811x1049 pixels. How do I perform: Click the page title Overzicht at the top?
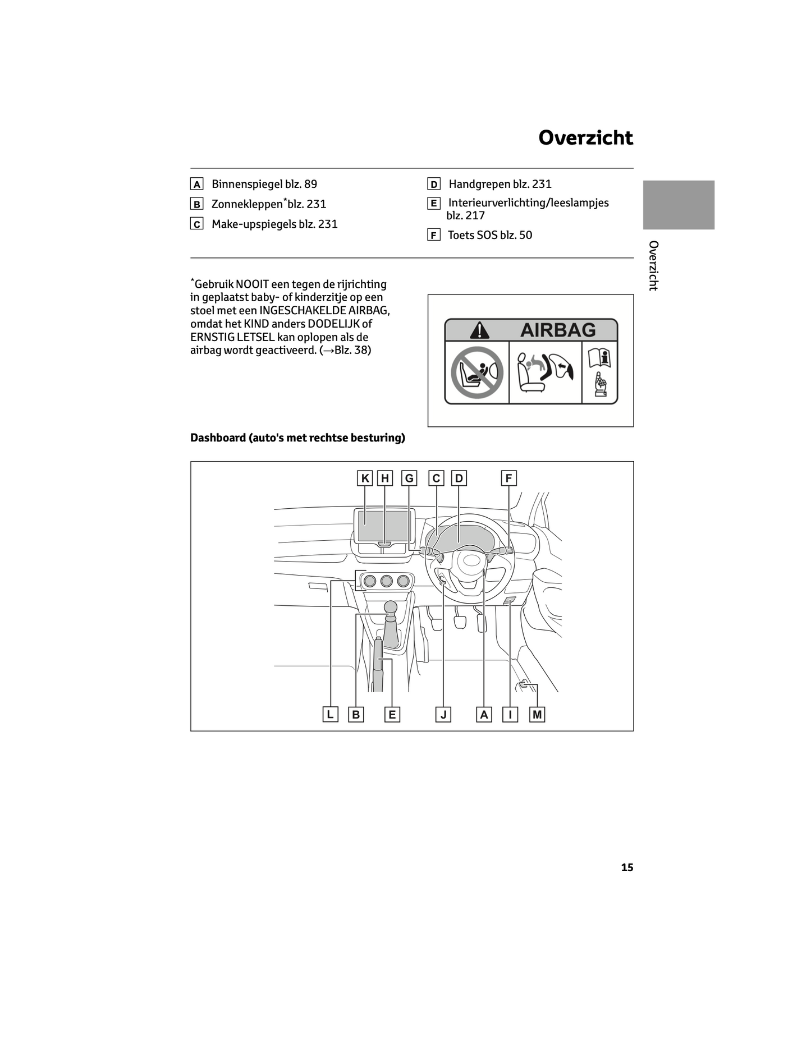[585, 138]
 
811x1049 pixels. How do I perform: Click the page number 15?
[627, 867]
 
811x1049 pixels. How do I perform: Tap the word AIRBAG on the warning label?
[558, 330]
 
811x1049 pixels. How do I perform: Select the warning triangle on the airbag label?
[479, 330]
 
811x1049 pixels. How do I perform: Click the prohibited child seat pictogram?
[476, 372]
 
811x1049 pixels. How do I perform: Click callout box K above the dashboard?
[365, 479]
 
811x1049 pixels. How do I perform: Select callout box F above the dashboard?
[508, 479]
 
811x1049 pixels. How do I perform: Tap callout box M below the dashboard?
[537, 715]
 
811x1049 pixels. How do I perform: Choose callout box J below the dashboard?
[443, 715]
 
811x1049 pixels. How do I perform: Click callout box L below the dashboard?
[330, 715]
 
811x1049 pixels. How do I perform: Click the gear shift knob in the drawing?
[390, 608]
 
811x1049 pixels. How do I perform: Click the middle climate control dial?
[386, 581]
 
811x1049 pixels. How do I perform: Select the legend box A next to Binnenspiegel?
[196, 185]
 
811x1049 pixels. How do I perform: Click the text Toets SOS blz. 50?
[490, 235]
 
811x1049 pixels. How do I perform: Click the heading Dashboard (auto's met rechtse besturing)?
[297, 438]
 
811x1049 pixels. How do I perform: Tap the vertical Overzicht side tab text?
[653, 266]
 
